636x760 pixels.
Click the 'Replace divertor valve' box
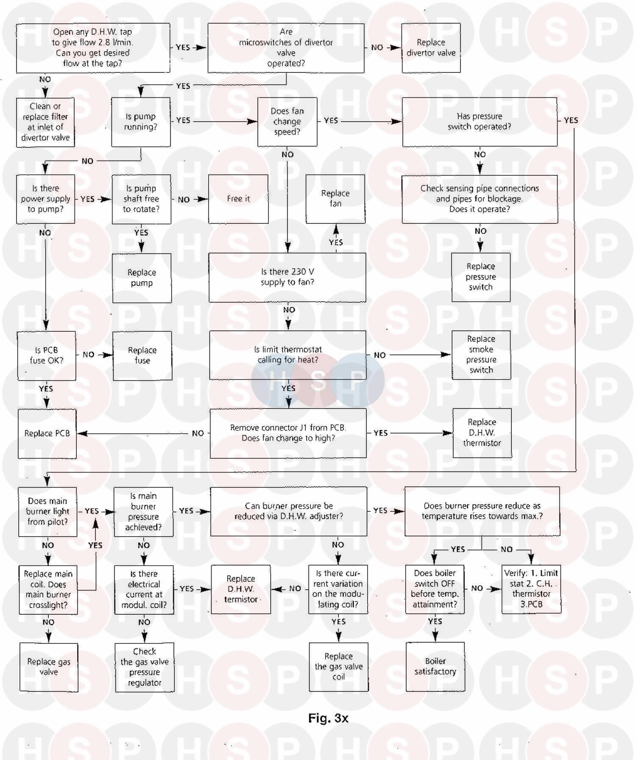pyautogui.click(x=431, y=48)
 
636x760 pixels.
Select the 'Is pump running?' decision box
pyautogui.click(x=141, y=122)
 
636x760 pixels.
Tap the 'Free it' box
pyautogui.click(x=238, y=199)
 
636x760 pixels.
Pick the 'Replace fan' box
pyautogui.click(x=335, y=199)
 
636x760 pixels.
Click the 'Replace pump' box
pyautogui.click(x=142, y=278)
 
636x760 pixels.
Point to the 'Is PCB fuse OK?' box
pyautogui.click(x=46, y=355)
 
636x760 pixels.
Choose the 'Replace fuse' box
pyautogui.click(x=142, y=355)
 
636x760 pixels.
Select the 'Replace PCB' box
pyautogui.click(x=47, y=433)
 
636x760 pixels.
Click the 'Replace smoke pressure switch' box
pyautogui.click(x=481, y=355)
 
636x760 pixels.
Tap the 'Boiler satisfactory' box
pyautogui.click(x=435, y=666)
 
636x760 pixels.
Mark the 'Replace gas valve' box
pyautogui.click(x=49, y=667)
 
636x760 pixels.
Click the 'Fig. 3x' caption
pyautogui.click(x=328, y=718)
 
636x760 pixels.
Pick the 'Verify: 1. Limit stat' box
pyautogui.click(x=531, y=589)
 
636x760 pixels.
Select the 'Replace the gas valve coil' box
pyautogui.click(x=338, y=667)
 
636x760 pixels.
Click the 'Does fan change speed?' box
pyautogui.click(x=287, y=122)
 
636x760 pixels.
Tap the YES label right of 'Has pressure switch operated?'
pyautogui.click(x=571, y=121)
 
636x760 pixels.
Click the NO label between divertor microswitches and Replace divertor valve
pyautogui.click(x=377, y=47)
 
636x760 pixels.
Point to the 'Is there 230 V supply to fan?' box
pyautogui.click(x=287, y=277)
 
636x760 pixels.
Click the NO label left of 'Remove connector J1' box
pyautogui.click(x=198, y=433)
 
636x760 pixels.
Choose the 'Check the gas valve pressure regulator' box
pyautogui.click(x=145, y=667)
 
